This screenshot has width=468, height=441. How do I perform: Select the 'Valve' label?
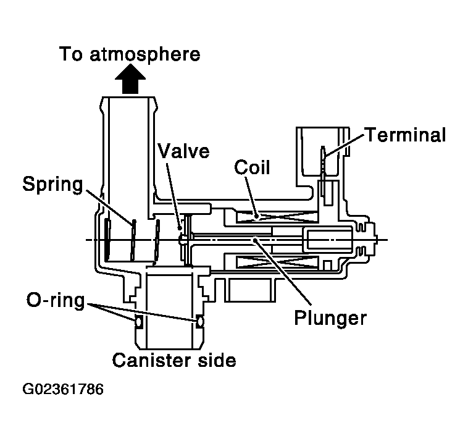pyautogui.click(x=183, y=151)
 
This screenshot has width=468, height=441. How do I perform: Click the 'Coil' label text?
pyautogui.click(x=253, y=167)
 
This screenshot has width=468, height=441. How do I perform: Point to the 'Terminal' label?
pyautogui.click(x=405, y=135)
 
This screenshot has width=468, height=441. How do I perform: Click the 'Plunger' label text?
pyautogui.click(x=330, y=319)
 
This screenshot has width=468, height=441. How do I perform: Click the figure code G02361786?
pyautogui.click(x=63, y=390)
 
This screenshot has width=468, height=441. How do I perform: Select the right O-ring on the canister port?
pyautogui.click(x=199, y=322)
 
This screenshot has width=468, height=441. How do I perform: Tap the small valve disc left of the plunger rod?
pyautogui.click(x=183, y=237)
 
